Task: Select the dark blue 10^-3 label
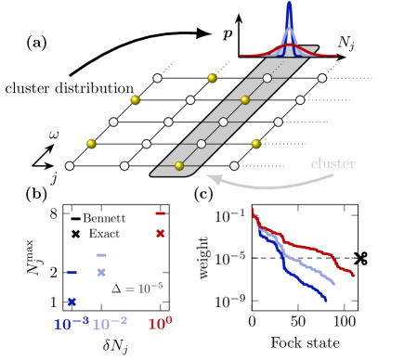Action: point(71,324)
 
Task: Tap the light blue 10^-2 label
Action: point(110,324)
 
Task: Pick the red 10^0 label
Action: point(160,324)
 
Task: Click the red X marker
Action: point(160,233)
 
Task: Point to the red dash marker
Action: point(160,213)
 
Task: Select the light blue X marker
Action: point(101,272)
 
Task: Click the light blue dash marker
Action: point(101,255)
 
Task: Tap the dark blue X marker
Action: point(72,302)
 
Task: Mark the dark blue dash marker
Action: point(72,272)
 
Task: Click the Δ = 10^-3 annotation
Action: point(137,288)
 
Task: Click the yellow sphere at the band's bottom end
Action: point(179,166)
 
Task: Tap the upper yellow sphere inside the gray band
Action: point(245,100)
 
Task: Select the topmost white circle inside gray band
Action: point(267,78)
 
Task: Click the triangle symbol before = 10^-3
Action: point(116,289)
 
